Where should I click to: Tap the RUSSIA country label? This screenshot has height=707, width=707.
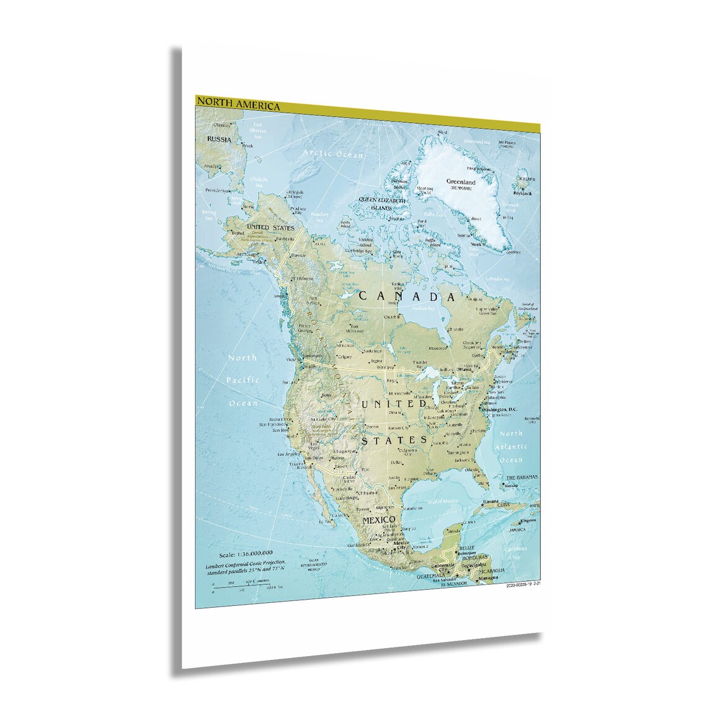click(x=219, y=140)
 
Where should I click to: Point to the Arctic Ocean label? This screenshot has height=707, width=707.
click(x=328, y=153)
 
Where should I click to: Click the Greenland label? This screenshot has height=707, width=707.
click(x=460, y=182)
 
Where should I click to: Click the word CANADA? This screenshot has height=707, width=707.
click(x=407, y=296)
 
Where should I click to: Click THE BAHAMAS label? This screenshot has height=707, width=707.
click(x=521, y=478)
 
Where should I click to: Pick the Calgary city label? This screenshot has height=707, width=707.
click(x=344, y=357)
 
